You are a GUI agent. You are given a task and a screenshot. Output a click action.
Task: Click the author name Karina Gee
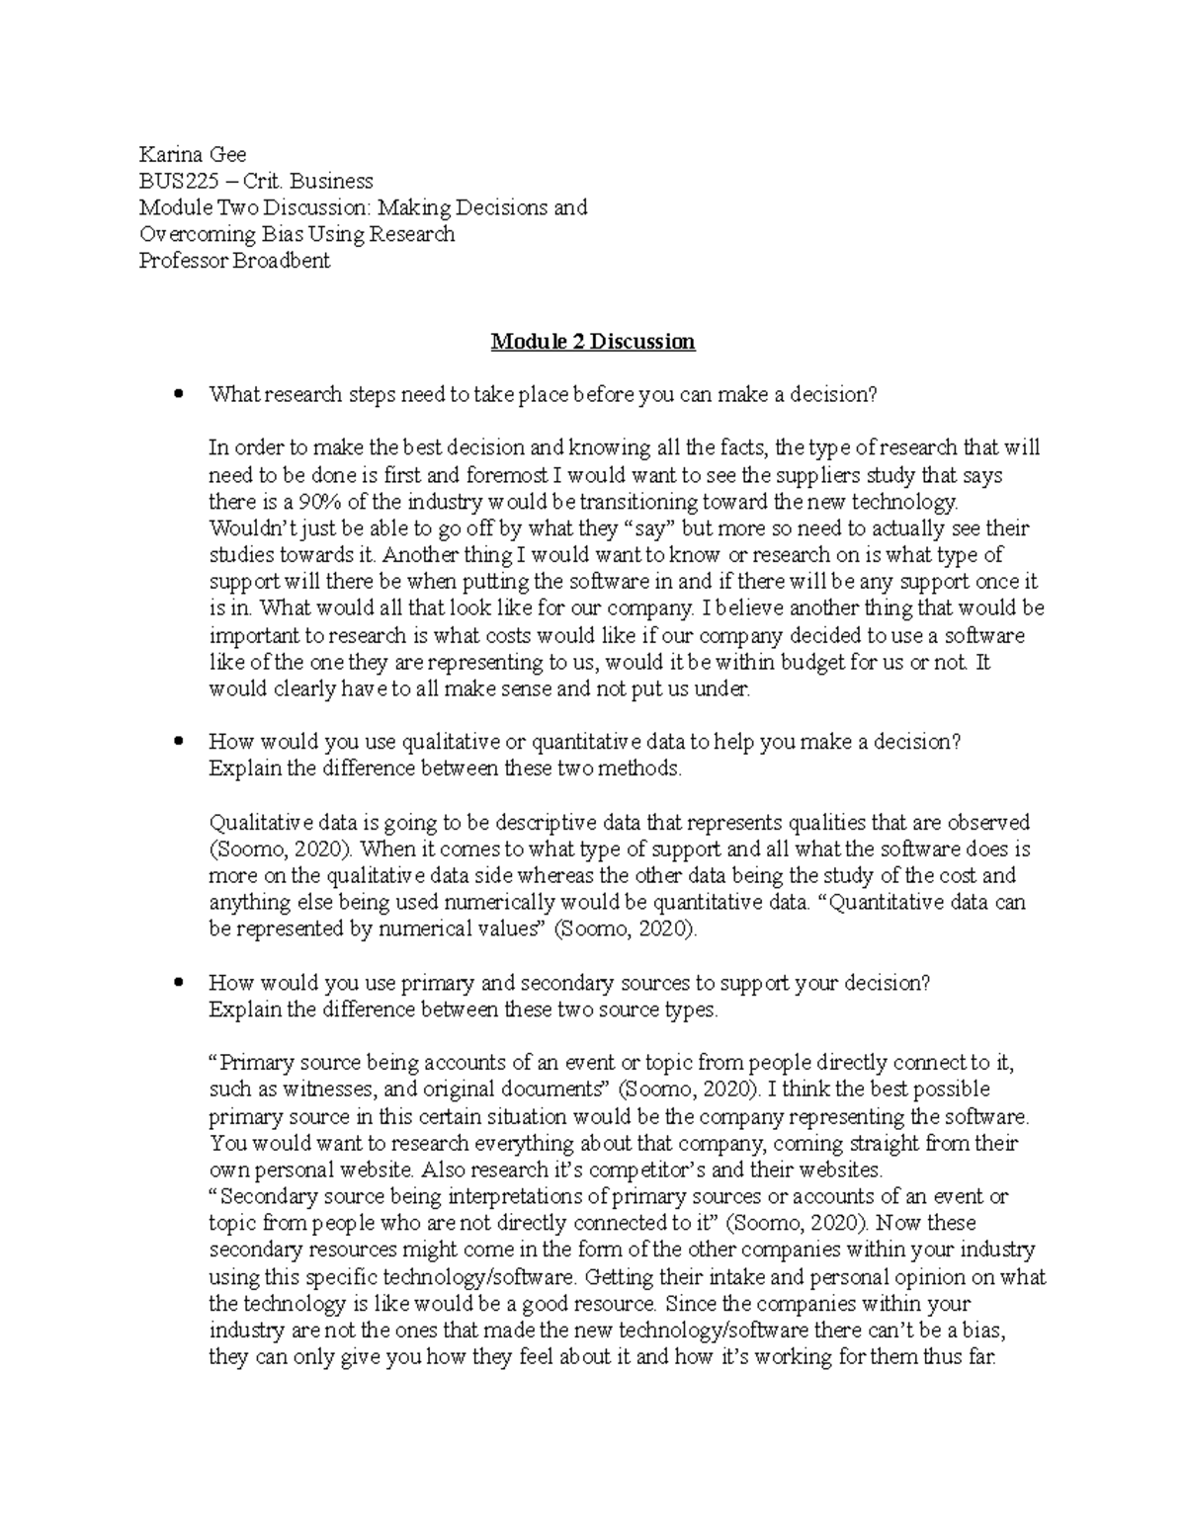coord(193,154)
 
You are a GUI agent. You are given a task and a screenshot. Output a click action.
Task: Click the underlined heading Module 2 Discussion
coord(593,342)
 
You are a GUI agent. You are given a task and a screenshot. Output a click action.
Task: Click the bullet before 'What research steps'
coord(178,395)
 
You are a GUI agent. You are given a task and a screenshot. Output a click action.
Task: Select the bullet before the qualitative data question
coord(178,743)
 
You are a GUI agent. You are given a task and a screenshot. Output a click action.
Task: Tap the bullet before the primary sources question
coord(178,984)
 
